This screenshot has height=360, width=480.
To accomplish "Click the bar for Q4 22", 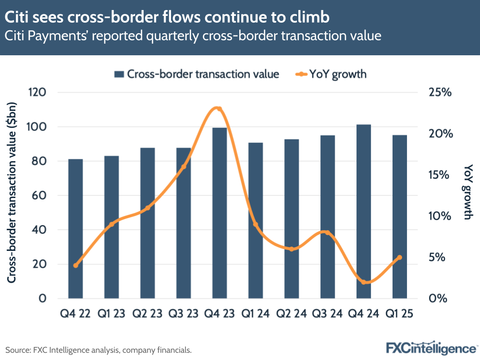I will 75,228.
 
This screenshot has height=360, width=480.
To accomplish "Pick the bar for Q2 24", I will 292,219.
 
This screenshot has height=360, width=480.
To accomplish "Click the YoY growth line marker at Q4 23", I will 219,109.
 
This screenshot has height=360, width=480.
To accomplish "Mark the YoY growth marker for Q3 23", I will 184,167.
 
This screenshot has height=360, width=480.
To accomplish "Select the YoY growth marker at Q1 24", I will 256,224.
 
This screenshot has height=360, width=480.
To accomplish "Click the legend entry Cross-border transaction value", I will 197,74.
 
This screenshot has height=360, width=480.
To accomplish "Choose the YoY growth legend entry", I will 332,74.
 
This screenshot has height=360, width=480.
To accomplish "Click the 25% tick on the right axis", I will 440,92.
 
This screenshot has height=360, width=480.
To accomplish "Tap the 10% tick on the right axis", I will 440,216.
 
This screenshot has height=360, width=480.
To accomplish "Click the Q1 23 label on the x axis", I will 111,314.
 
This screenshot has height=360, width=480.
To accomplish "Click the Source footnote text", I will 98,350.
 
